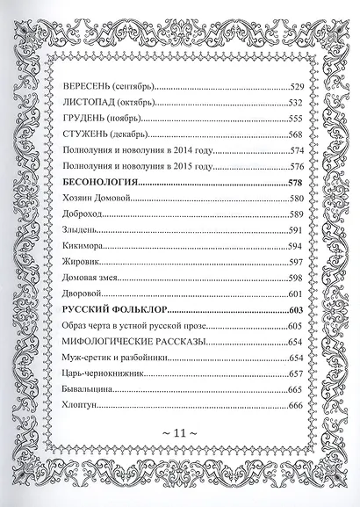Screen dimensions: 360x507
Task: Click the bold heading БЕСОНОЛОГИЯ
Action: pyautogui.click(x=103, y=182)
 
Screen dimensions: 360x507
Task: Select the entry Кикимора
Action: pyautogui.click(x=85, y=246)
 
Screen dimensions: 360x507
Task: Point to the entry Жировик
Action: pyautogui.click(x=83, y=262)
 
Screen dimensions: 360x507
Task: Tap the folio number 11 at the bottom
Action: pyautogui.click(x=180, y=458)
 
